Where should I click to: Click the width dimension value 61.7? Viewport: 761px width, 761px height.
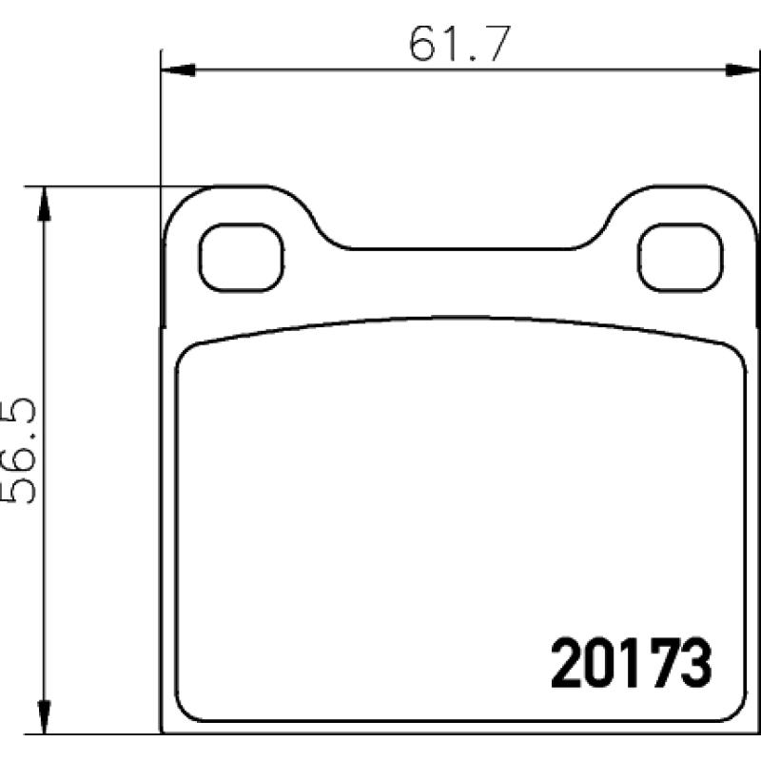coord(459,44)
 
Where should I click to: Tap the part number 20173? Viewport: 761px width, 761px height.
coord(631,662)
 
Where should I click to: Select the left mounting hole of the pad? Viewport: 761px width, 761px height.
coord(242,258)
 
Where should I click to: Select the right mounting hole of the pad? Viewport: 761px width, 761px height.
coord(680,258)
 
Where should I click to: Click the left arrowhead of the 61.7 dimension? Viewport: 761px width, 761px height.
coord(178,69)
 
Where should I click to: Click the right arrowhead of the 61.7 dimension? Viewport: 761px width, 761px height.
coord(743,69)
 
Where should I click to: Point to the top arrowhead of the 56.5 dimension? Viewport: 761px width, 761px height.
coord(44,204)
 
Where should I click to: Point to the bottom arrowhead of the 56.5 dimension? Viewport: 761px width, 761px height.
coord(44,716)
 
